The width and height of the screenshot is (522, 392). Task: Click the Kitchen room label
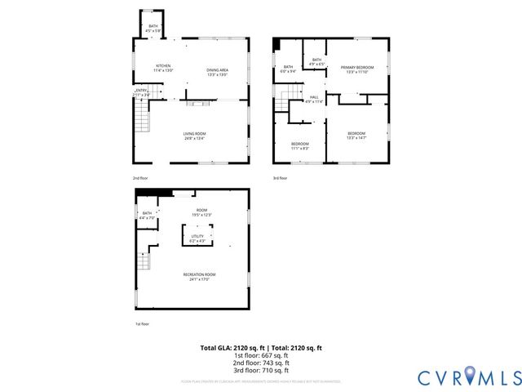163,68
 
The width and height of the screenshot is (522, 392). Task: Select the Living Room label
194,136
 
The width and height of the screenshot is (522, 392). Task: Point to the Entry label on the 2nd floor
141,92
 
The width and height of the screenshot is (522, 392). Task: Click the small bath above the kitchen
153,29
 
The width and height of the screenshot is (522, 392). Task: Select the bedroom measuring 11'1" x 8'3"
299,146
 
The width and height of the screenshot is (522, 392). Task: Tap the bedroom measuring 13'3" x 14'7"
356,136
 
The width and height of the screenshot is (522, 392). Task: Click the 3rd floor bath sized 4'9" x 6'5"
316,62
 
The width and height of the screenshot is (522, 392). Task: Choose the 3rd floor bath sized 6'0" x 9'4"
288,69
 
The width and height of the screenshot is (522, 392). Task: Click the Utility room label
199,238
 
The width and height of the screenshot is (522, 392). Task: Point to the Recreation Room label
199,276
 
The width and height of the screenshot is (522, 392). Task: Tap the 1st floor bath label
147,216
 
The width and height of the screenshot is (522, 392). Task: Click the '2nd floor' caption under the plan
141,177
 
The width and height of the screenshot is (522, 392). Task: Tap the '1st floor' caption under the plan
142,324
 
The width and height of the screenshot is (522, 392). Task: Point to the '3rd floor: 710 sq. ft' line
261,372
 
